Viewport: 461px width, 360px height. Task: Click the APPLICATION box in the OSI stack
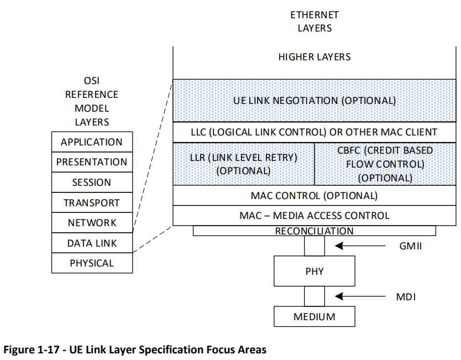click(92, 142)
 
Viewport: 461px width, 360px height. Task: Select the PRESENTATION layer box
click(92, 162)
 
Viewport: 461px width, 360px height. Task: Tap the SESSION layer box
click(92, 182)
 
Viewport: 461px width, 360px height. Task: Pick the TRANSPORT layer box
click(92, 202)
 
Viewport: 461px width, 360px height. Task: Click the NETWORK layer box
click(92, 223)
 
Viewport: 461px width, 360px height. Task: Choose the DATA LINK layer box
click(92, 243)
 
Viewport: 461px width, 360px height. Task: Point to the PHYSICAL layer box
click(92, 263)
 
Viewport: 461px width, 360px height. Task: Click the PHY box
click(315, 271)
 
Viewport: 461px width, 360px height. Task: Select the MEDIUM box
click(315, 316)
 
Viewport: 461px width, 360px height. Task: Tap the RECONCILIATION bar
click(315, 231)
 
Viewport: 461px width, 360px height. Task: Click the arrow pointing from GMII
click(360, 246)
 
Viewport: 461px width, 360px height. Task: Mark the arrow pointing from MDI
click(360, 296)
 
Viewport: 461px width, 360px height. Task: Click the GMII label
click(411, 246)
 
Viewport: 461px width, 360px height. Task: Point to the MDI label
click(406, 297)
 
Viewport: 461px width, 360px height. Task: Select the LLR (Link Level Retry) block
click(243, 164)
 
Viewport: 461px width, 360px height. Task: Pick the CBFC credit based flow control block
click(385, 164)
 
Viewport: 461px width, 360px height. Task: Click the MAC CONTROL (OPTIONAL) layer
click(315, 195)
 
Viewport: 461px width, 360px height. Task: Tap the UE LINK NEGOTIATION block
click(315, 101)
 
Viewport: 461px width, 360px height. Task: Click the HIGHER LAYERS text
click(315, 57)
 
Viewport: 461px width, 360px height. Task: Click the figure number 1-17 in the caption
click(49, 349)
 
